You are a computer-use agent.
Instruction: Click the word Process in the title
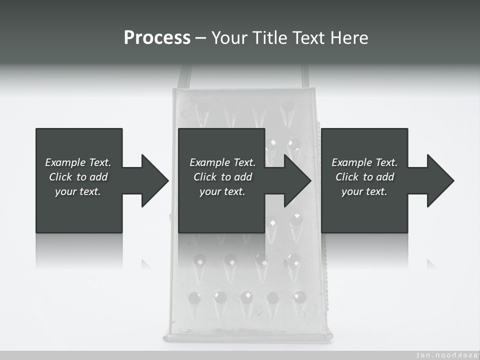click(157, 38)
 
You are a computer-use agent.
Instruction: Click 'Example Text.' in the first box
click(78, 162)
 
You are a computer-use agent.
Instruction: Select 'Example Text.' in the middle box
click(222, 162)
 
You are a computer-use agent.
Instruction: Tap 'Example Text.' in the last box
click(364, 162)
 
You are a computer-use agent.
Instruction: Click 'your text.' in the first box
click(78, 191)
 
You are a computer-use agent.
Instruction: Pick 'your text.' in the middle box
click(222, 191)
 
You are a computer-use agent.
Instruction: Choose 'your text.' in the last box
click(364, 191)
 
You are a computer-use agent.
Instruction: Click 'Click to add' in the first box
click(78, 177)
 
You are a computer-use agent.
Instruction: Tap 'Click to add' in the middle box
click(222, 177)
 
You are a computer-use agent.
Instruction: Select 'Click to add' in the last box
click(364, 177)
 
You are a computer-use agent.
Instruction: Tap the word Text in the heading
click(308, 38)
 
